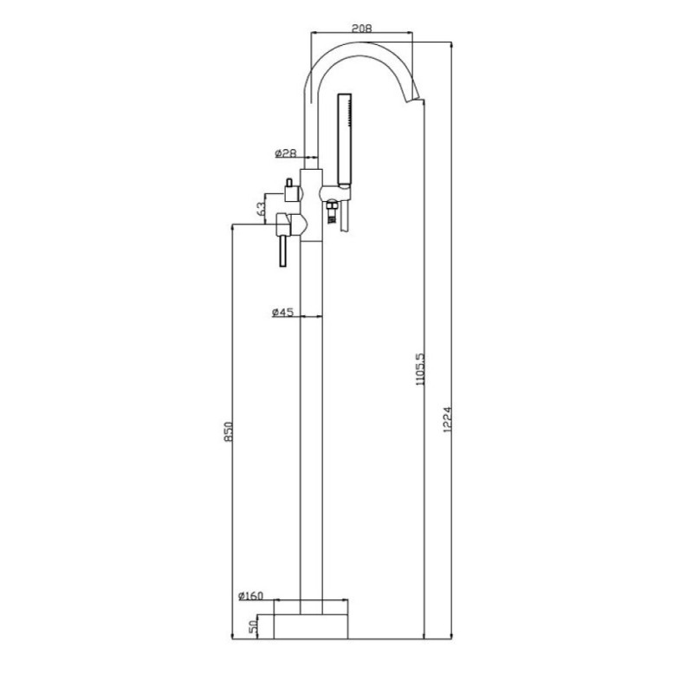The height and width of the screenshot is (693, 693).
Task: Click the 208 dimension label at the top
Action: [x=361, y=29]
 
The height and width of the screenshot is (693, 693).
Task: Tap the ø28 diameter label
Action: [x=285, y=153]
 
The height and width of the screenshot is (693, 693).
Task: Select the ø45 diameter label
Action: [x=282, y=313]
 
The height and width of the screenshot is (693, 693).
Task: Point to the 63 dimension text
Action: [x=262, y=209]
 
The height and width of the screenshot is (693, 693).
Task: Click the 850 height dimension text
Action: [x=228, y=431]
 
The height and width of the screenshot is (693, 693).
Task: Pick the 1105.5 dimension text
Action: [x=419, y=369]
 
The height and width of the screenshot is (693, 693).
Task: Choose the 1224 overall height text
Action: [x=447, y=419]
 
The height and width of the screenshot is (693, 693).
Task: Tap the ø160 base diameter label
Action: [x=250, y=595]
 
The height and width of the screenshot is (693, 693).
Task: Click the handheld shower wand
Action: [x=344, y=139]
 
